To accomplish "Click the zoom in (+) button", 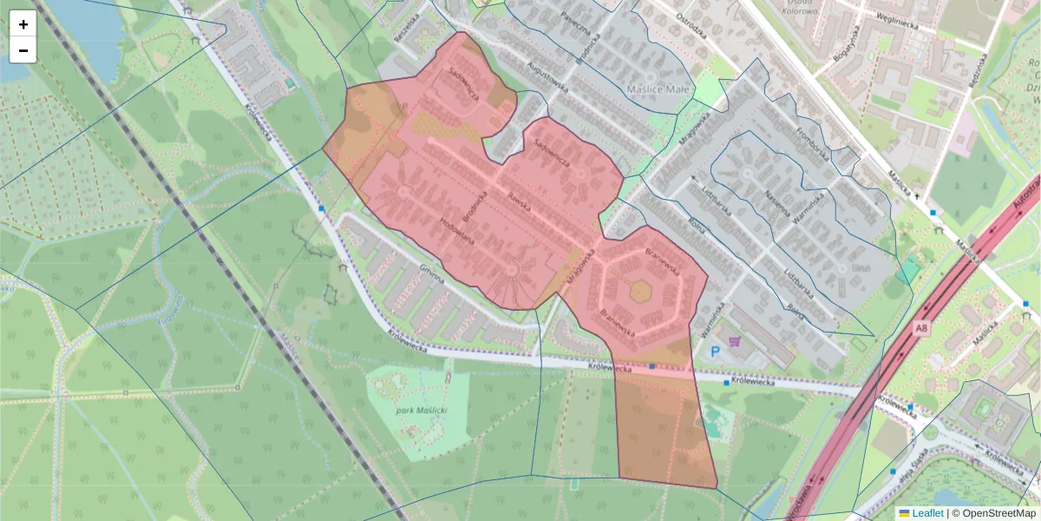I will (23, 24).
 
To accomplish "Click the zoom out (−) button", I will (23, 50).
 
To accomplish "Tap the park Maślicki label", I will (420, 410).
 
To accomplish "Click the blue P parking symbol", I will (716, 352).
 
